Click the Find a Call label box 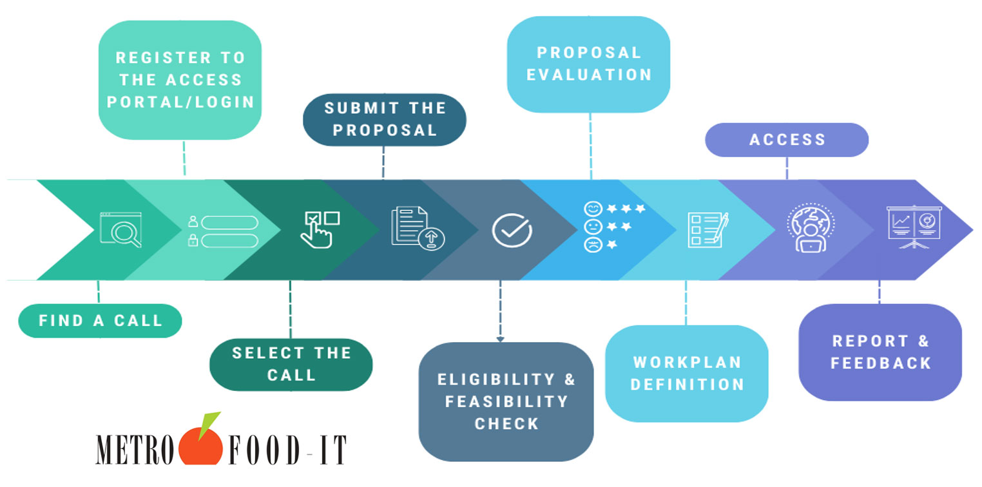point(100,320)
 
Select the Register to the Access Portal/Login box point(180,80)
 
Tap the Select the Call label point(291,364)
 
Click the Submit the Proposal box point(384,119)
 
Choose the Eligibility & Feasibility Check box point(506,401)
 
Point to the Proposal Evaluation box point(588,64)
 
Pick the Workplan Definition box point(686,373)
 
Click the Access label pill point(787,140)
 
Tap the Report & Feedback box point(880,352)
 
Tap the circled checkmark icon point(512,230)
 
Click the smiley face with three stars point(592,209)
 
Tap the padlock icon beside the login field point(192,241)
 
